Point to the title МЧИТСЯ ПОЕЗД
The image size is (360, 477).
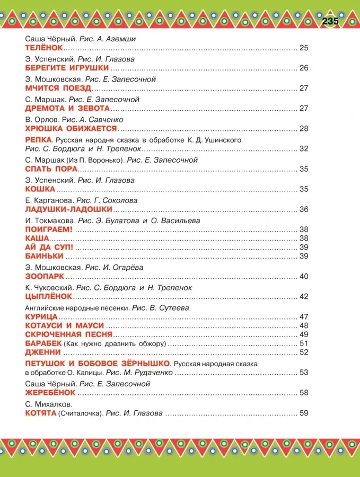click(58, 88)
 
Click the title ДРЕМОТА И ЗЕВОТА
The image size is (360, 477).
click(67, 108)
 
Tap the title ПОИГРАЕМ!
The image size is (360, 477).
click(48, 229)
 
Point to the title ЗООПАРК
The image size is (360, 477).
click(45, 277)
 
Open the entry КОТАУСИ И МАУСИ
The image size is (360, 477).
click(64, 325)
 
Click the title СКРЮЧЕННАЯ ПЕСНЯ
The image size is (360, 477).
click(68, 334)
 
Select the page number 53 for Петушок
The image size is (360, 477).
click(304, 373)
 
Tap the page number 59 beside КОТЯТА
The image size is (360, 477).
click(304, 413)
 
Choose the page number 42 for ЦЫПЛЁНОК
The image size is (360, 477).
click(304, 296)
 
